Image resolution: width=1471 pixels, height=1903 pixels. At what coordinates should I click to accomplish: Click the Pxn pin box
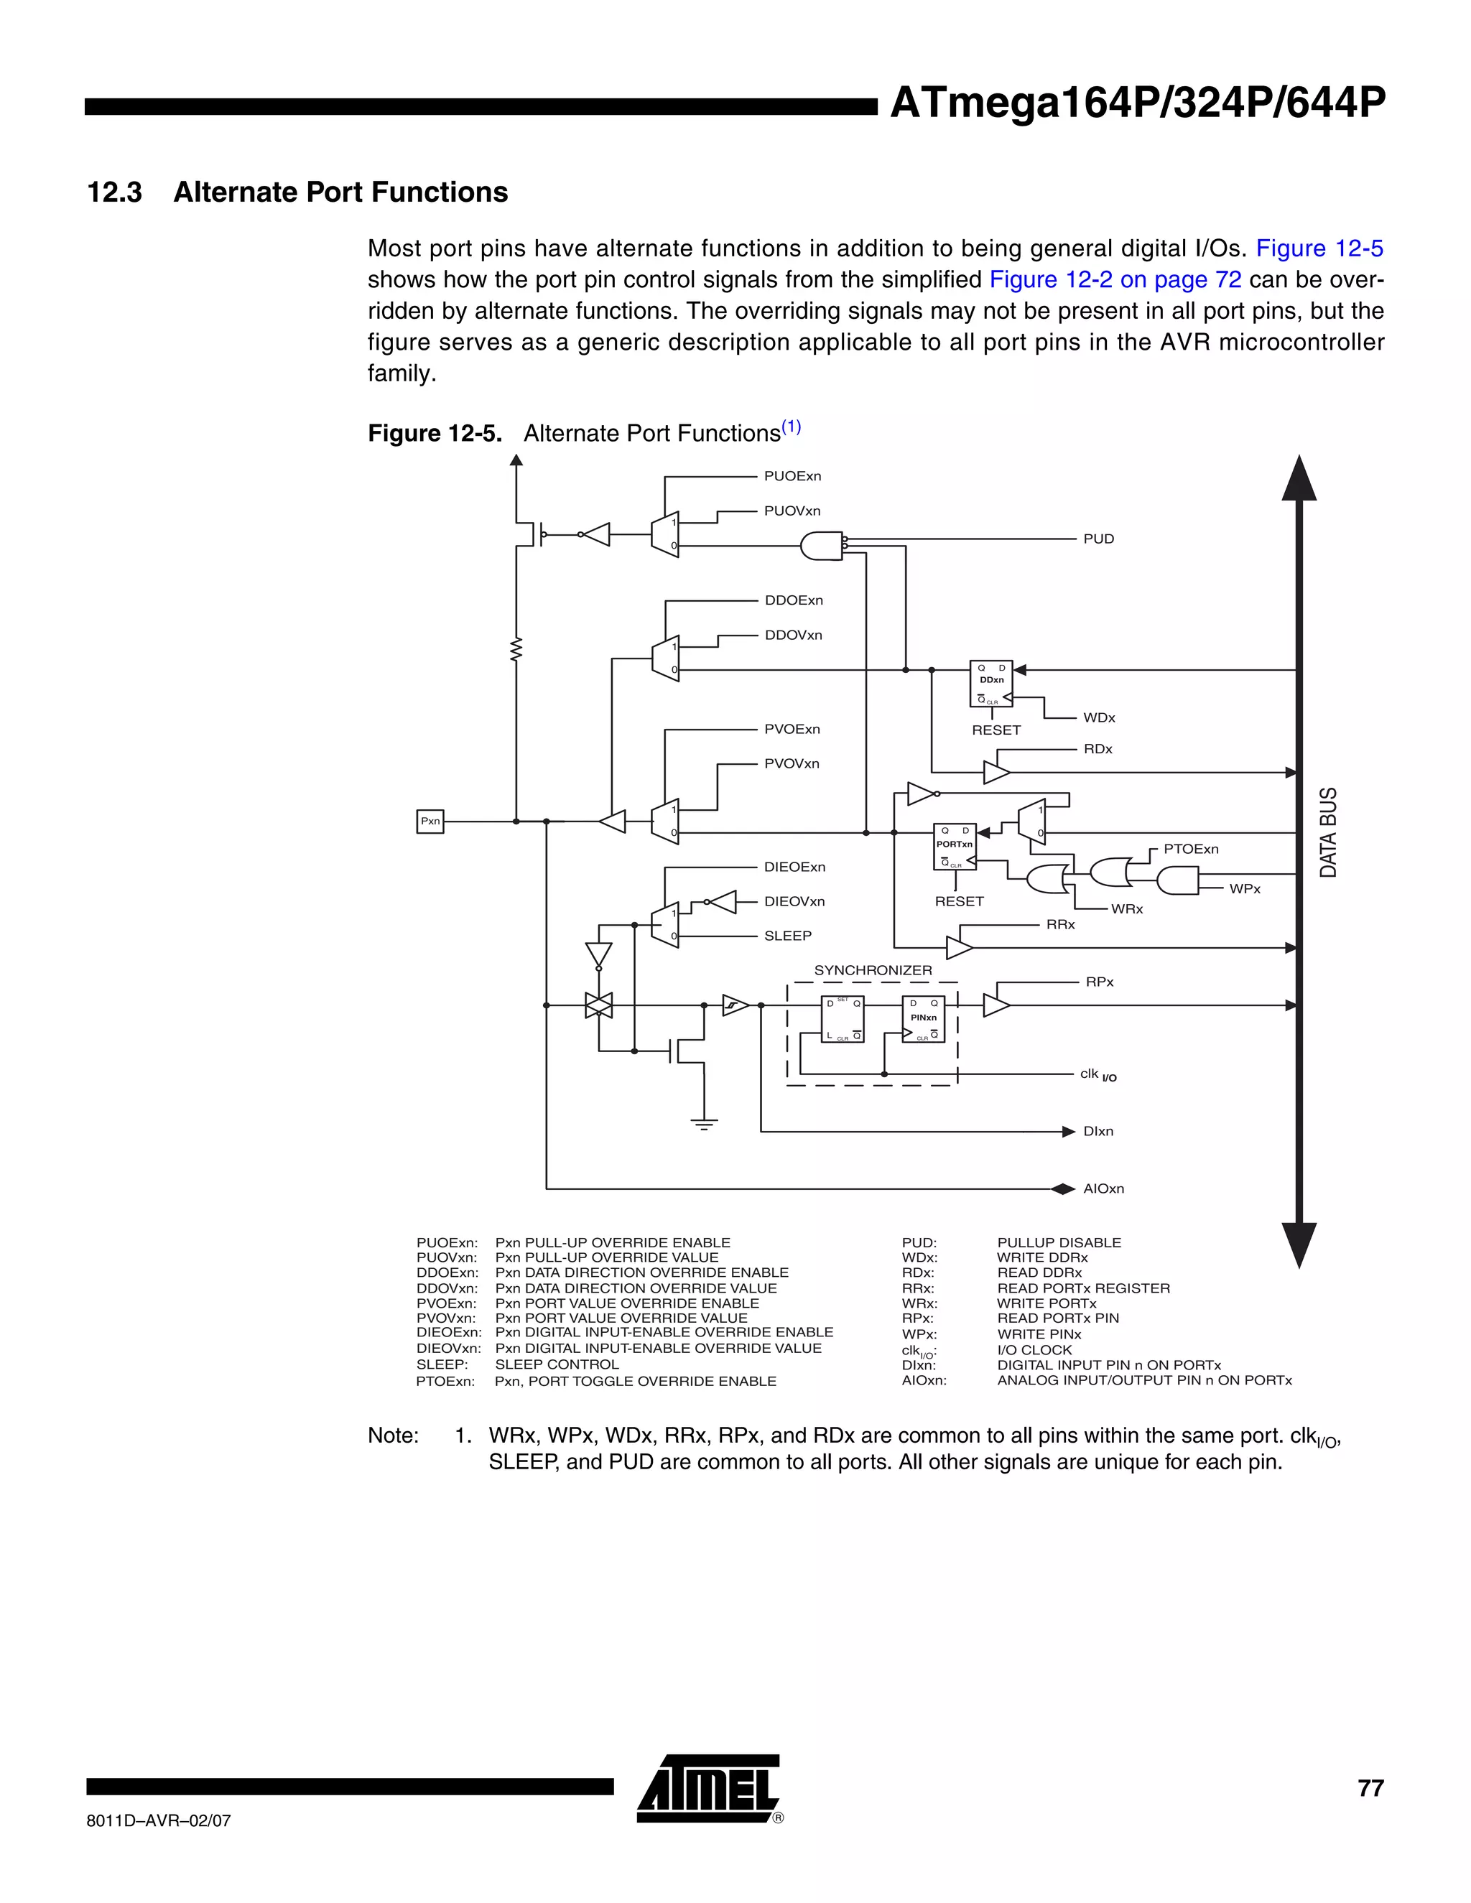pyautogui.click(x=430, y=821)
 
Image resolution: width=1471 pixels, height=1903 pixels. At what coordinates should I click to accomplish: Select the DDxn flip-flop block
pyautogui.click(x=990, y=683)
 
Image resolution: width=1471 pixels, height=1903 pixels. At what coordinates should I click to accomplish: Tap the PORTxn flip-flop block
pyautogui.click(x=955, y=846)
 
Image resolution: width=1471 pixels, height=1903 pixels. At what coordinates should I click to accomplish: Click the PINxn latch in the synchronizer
pyautogui.click(x=923, y=1018)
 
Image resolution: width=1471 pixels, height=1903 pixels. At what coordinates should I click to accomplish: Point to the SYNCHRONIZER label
pyautogui.click(x=872, y=969)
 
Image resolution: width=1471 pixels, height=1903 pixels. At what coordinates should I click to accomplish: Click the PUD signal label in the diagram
pyautogui.click(x=1098, y=539)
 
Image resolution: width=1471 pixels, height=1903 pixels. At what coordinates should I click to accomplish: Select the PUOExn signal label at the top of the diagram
pyautogui.click(x=792, y=475)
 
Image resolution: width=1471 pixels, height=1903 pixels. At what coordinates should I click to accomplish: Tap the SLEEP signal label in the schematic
pyautogui.click(x=787, y=935)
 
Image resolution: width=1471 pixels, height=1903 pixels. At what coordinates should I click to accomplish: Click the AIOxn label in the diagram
pyautogui.click(x=1103, y=1188)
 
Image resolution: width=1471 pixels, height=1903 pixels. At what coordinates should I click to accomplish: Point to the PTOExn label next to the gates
pyautogui.click(x=1190, y=849)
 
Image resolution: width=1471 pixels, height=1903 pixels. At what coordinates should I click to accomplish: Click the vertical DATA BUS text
pyautogui.click(x=1327, y=832)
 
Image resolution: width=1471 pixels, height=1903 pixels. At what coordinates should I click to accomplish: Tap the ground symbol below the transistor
pyautogui.click(x=704, y=1123)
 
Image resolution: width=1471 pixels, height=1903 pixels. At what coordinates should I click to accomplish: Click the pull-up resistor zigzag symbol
pyautogui.click(x=516, y=649)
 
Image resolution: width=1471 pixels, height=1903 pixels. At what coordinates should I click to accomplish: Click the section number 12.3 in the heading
pyautogui.click(x=114, y=192)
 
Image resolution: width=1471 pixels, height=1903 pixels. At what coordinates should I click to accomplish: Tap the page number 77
pyautogui.click(x=1370, y=1788)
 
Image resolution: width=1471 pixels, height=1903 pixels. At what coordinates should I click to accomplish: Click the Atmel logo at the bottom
pyautogui.click(x=708, y=1788)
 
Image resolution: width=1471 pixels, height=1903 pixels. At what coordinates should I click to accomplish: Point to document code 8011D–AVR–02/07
pyautogui.click(x=159, y=1820)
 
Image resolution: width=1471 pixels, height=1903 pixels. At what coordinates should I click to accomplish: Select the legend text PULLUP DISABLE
pyautogui.click(x=1059, y=1242)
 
